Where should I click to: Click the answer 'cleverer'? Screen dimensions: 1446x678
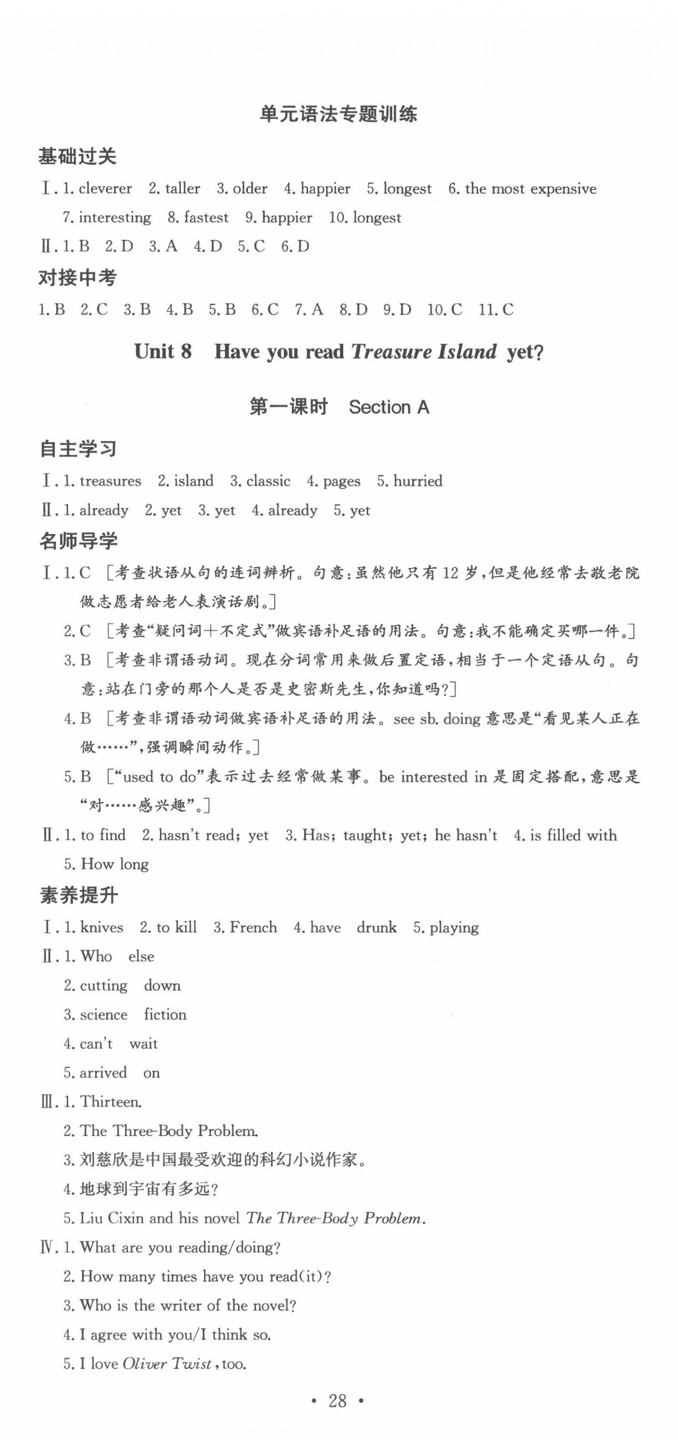point(106,189)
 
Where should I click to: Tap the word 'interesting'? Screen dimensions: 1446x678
point(115,217)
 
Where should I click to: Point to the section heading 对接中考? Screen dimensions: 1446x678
point(77,277)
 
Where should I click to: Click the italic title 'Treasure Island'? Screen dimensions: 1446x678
point(424,352)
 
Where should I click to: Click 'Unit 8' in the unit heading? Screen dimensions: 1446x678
point(163,352)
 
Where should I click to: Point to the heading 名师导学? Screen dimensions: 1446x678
point(78,541)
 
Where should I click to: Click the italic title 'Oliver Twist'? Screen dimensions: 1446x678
point(167,1364)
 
